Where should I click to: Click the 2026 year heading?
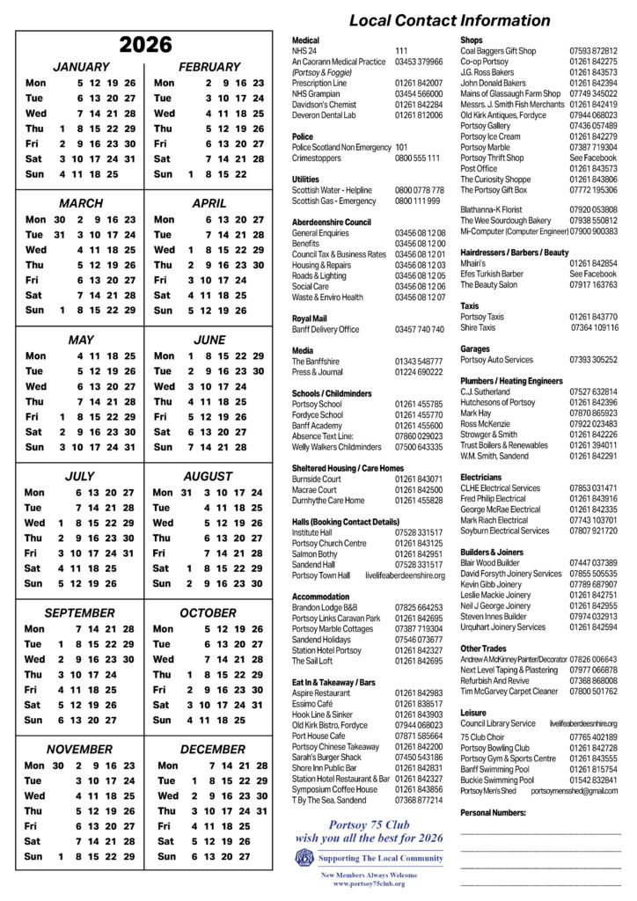145,44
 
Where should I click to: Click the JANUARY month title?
81,67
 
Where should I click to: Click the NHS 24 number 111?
401,51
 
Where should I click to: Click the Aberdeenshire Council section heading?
332,223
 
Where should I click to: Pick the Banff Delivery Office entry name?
326,329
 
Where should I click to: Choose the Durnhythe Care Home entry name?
327,500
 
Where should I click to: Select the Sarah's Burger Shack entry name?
326,757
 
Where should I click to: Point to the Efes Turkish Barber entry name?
492,274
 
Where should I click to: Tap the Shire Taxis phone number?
595,327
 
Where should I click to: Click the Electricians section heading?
481,477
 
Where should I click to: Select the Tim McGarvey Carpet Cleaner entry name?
509,691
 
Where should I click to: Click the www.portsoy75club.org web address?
369,883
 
